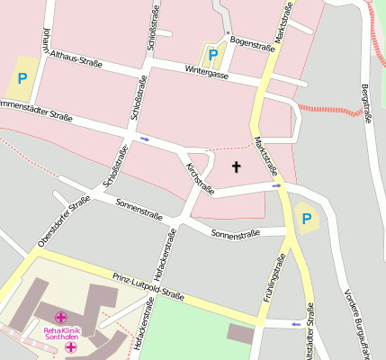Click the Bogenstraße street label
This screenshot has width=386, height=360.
251,40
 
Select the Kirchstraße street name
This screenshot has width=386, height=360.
200,178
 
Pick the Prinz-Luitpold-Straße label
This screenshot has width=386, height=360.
148,285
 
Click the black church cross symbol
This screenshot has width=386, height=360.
238,166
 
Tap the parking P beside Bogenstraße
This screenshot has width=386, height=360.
212,55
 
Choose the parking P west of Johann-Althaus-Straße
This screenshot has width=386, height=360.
22,78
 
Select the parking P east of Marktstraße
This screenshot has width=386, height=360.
306,218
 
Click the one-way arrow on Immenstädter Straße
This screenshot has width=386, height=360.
144,139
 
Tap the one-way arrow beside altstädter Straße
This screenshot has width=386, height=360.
296,323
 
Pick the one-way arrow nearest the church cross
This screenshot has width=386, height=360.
276,185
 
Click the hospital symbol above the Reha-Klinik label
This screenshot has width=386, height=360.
61,318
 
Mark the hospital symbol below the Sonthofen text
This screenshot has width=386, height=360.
70,347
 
